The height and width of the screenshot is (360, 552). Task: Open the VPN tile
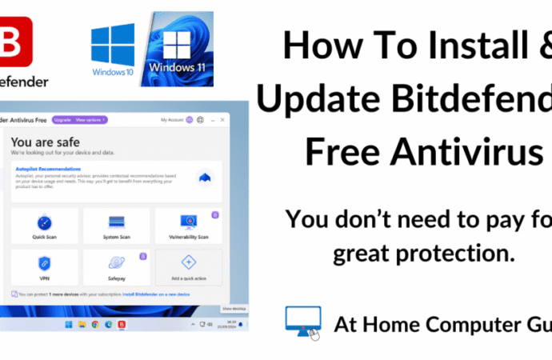pyautogui.click(x=45, y=267)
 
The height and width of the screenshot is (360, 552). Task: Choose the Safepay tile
pyautogui.click(x=117, y=267)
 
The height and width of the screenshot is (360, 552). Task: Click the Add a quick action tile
pyautogui.click(x=189, y=267)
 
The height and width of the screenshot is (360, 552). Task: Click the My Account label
pyautogui.click(x=172, y=120)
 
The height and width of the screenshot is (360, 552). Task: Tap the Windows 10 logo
pyautogui.click(x=112, y=47)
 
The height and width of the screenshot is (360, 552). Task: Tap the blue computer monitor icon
pyautogui.click(x=303, y=322)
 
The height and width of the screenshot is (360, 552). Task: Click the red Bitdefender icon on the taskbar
pyautogui.click(x=121, y=324)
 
